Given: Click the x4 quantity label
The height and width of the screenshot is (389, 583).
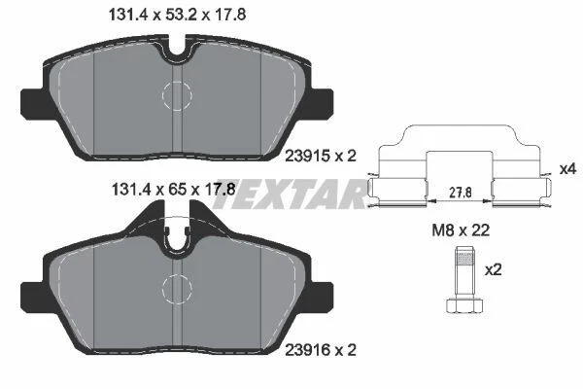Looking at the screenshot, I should (x=568, y=169).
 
